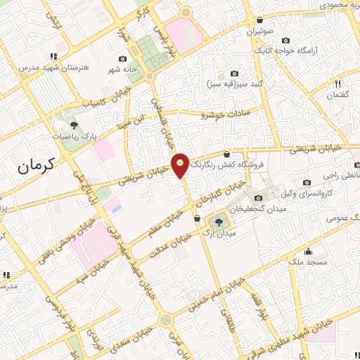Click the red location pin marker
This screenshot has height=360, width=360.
181,163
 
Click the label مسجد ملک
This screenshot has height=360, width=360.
308,262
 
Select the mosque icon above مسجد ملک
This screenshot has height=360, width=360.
308,250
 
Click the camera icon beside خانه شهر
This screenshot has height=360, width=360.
123,58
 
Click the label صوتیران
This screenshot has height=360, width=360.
260,32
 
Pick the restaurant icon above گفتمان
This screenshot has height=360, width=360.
340,82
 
